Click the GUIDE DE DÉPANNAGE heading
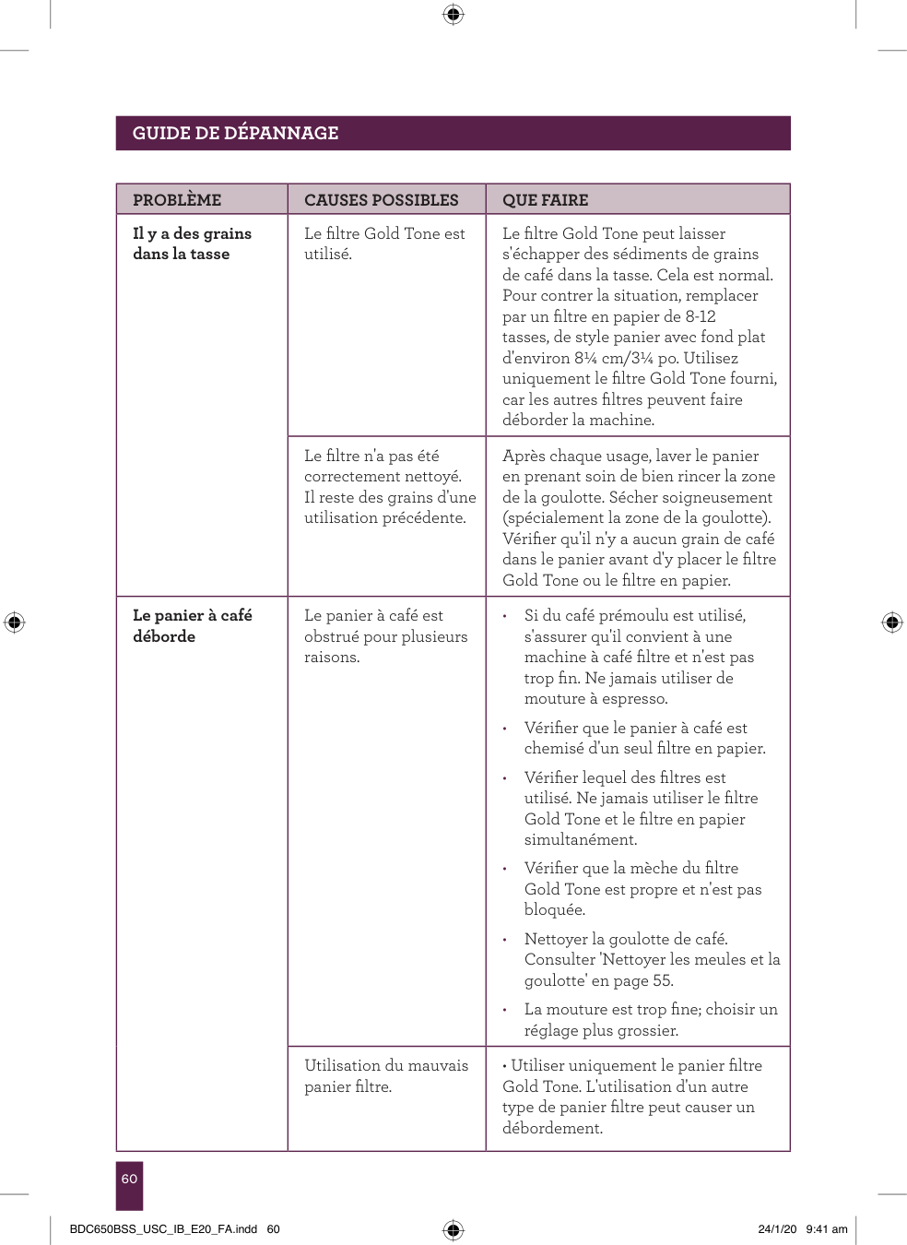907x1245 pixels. pyautogui.click(x=235, y=133)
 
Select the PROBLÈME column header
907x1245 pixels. pyautogui.click(x=177, y=200)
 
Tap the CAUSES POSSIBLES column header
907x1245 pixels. pyautogui.click(x=381, y=200)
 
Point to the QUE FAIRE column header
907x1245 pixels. pyautogui.click(x=545, y=200)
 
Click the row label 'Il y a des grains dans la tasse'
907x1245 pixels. pyautogui.click(x=192, y=243)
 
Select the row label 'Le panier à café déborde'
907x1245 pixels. pyautogui.click(x=192, y=625)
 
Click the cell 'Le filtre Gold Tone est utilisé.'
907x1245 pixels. pyautogui.click(x=384, y=243)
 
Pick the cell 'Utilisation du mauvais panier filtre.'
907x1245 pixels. pyautogui.click(x=386, y=1075)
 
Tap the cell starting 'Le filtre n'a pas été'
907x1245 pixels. pyautogui.click(x=390, y=486)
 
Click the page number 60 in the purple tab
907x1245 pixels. pyautogui.click(x=129, y=1179)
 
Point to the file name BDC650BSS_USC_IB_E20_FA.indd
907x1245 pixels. pyautogui.click(x=163, y=1229)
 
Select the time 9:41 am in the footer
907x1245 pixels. pyautogui.click(x=826, y=1229)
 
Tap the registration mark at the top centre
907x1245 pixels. pyautogui.click(x=453, y=14)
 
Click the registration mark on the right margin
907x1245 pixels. pyautogui.click(x=891, y=622)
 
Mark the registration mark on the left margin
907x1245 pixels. pyautogui.click(x=14, y=622)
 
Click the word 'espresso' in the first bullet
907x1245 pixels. pyautogui.click(x=634, y=699)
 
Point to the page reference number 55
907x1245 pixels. pyautogui.click(x=663, y=980)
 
